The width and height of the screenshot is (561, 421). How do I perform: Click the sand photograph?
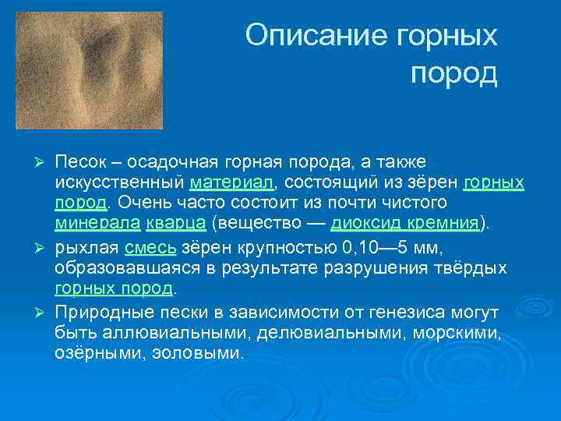89,70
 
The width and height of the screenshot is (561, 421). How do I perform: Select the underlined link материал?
231,182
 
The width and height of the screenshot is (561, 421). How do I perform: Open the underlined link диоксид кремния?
404,225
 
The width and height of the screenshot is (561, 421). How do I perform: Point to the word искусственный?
119,182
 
